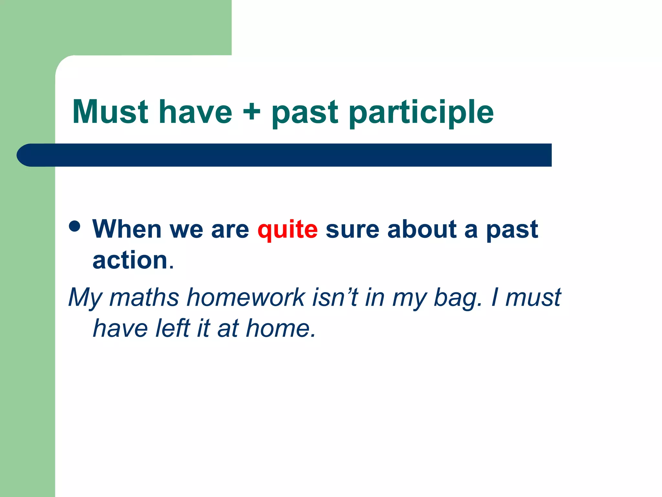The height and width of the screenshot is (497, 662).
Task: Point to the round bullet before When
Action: tap(75, 226)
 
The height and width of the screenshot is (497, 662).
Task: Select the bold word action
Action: tap(130, 260)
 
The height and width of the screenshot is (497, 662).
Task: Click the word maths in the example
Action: tap(144, 297)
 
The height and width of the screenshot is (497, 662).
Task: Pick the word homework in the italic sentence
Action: tap(246, 297)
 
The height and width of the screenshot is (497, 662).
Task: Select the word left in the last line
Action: tap(173, 328)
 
